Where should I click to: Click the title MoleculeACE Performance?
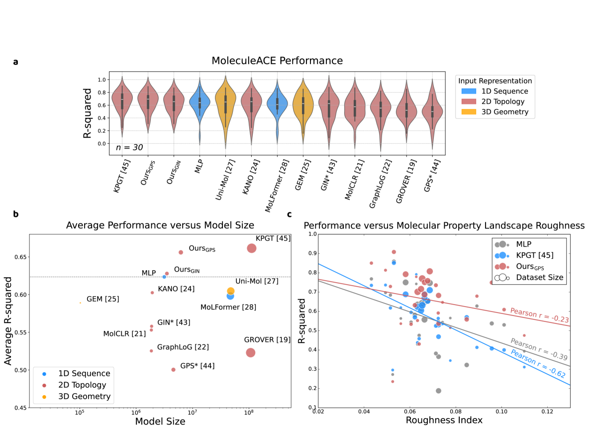[x=277, y=61]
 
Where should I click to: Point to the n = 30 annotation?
[x=129, y=147]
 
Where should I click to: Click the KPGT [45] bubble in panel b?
[x=251, y=248]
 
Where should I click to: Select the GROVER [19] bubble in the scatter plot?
[x=250, y=352]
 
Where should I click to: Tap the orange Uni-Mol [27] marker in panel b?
[x=231, y=291]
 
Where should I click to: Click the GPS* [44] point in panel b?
[x=173, y=370]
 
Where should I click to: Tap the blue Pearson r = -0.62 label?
[x=537, y=366]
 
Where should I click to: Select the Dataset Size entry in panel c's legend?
[x=540, y=278]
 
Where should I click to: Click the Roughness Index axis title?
[x=444, y=420]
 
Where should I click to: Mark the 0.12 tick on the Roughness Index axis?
[x=547, y=412]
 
